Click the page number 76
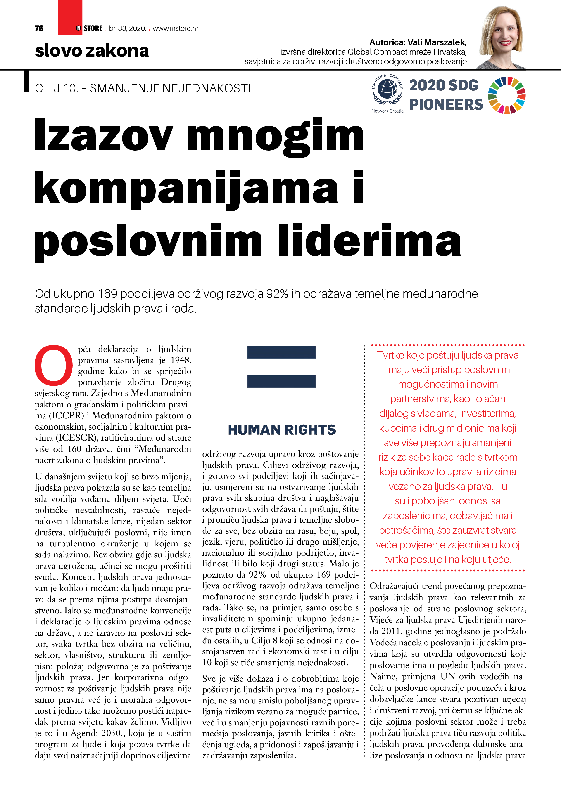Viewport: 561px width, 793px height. (39, 28)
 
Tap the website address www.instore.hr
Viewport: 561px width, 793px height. (175, 28)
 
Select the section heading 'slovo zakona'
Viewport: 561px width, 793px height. (92, 51)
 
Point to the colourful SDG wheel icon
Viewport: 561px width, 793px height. (506, 95)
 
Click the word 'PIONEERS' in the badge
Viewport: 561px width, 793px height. (446, 104)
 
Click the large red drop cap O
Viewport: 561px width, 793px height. (54, 365)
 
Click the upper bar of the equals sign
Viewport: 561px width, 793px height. (281, 352)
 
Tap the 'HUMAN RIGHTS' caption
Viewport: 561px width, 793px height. (282, 430)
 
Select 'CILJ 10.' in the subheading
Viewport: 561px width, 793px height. (56, 88)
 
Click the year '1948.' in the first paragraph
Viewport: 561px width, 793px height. (181, 360)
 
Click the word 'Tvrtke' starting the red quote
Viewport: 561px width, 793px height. (390, 355)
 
